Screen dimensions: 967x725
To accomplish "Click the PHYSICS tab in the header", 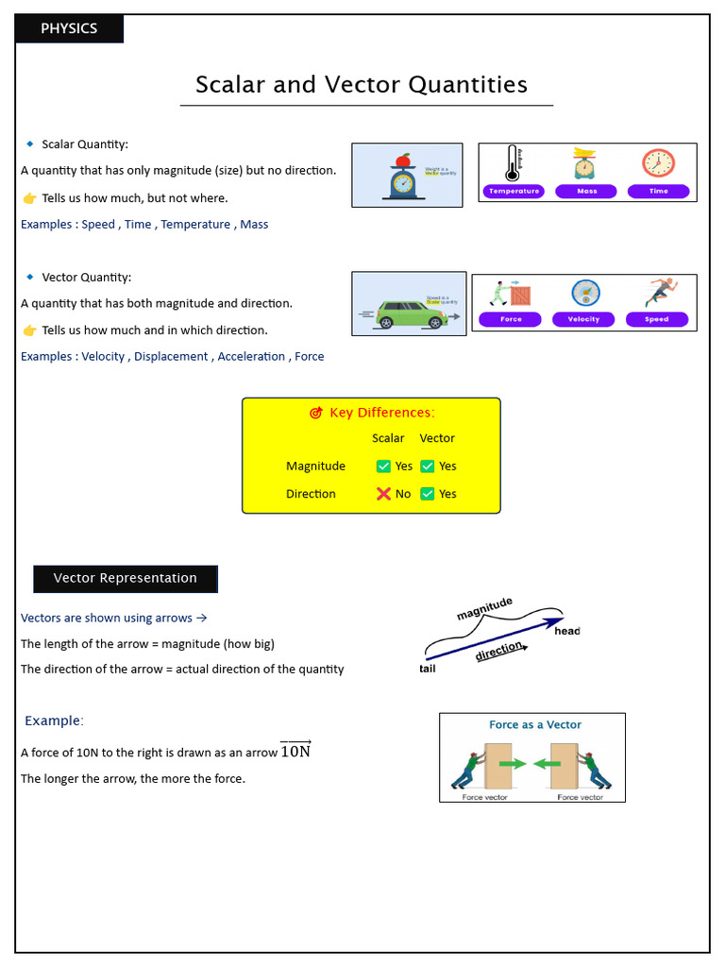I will click(x=69, y=28).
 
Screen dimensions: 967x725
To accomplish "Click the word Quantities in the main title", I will click(x=467, y=85).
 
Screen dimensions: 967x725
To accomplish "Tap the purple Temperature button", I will click(x=514, y=191).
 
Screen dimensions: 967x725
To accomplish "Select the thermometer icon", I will click(x=513, y=162).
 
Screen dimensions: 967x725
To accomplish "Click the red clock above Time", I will click(x=658, y=163).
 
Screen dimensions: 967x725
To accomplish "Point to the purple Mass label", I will click(x=586, y=191).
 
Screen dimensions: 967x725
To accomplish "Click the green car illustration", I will click(x=411, y=314).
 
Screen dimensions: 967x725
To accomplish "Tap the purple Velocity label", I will click(x=583, y=319).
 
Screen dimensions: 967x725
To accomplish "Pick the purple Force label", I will click(x=511, y=319).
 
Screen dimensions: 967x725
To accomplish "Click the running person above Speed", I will click(x=660, y=292).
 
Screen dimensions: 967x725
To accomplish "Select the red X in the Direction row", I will click(x=383, y=493).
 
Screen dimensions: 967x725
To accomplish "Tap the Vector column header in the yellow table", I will click(x=437, y=438).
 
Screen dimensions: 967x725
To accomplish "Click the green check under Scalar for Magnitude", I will click(x=383, y=466).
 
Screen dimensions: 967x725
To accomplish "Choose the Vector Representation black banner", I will click(x=126, y=578).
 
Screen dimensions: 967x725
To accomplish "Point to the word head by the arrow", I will click(x=567, y=631).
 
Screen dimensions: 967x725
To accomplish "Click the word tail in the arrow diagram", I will click(x=428, y=669).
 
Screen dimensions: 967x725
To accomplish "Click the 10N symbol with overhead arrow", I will click(x=295, y=752).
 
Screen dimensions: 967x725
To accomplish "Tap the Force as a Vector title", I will click(x=534, y=725).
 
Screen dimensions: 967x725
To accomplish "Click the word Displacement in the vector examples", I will click(x=171, y=357).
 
